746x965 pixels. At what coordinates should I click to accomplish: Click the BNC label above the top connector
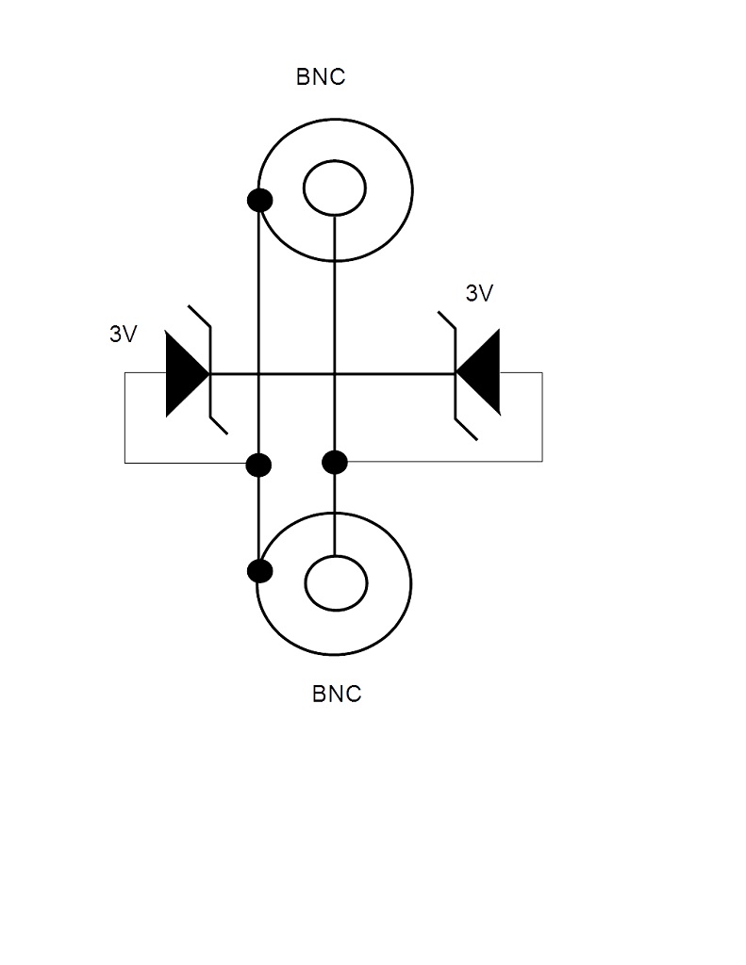coord(321,77)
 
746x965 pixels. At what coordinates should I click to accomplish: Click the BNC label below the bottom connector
coord(337,694)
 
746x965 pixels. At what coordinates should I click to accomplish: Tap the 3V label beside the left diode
coord(124,334)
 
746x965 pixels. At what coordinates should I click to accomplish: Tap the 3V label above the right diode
coord(479,293)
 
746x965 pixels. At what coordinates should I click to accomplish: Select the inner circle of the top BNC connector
coord(335,160)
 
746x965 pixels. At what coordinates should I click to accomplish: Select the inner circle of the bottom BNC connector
coord(337,556)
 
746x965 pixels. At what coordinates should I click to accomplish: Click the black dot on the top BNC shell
coord(259,200)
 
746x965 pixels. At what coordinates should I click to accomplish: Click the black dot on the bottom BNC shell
coord(259,570)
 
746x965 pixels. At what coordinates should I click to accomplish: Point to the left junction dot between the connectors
coord(258,465)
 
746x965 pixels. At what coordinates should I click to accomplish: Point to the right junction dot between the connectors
coord(335,462)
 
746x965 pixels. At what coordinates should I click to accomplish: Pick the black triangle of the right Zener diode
coord(478,372)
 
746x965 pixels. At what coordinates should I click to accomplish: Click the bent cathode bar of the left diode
coord(210,373)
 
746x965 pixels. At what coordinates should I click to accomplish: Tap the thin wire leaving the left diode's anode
coord(125,417)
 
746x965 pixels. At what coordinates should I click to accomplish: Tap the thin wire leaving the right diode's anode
coord(542,417)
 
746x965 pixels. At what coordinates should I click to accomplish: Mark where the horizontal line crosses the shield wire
coord(258,373)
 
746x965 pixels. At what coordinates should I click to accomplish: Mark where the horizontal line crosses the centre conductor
coord(335,373)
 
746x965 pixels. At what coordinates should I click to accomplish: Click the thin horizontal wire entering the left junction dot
coord(185,463)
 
